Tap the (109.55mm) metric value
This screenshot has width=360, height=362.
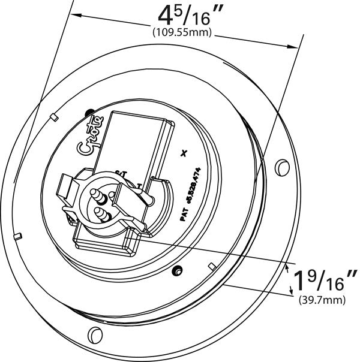(x=182, y=32)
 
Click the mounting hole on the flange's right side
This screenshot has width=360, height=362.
(x=280, y=164)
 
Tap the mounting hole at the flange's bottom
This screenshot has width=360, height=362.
(x=92, y=333)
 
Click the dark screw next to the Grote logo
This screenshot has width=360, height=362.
(x=89, y=111)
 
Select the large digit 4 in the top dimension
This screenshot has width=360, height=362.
(x=164, y=15)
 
